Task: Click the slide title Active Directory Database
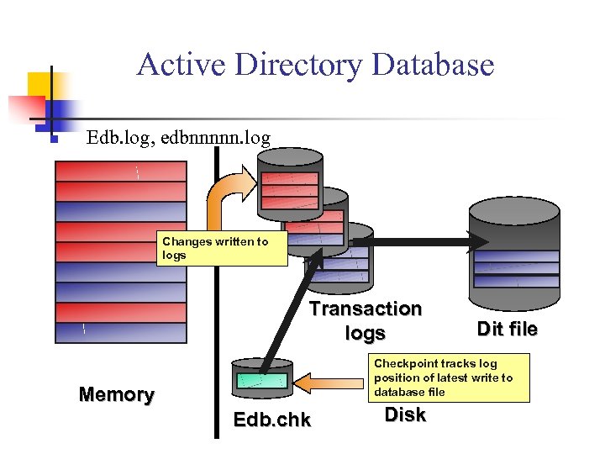pos(315,64)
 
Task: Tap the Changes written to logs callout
pos(222,249)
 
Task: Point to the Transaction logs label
pos(366,321)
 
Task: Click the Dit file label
pos(507,329)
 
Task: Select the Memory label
pos(116,394)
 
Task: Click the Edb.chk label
pos(271,420)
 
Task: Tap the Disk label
pos(405,414)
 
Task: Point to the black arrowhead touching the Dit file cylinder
pos(480,242)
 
